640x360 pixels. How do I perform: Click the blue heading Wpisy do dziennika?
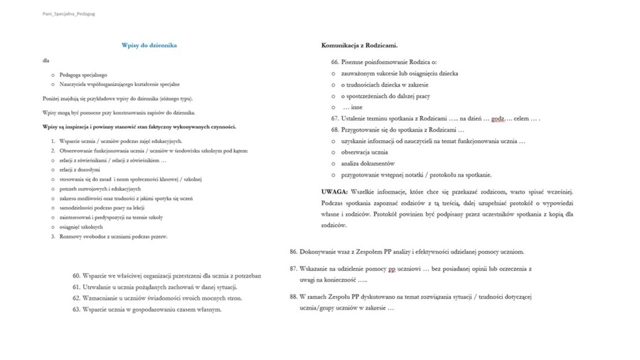click(x=149, y=46)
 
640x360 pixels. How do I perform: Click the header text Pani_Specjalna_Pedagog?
click(x=69, y=14)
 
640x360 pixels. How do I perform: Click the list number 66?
click(x=335, y=62)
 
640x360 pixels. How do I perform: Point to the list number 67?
click(x=335, y=118)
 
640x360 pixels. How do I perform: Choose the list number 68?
click(x=335, y=129)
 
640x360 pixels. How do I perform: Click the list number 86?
click(x=293, y=251)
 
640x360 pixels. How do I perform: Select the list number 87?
click(x=293, y=269)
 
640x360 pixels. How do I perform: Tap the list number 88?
click(x=293, y=297)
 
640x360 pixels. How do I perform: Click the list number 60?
click(x=76, y=275)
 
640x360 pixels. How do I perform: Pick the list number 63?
click(x=76, y=309)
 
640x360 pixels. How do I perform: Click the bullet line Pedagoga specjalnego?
click(x=83, y=75)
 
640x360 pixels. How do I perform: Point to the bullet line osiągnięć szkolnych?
click(x=81, y=227)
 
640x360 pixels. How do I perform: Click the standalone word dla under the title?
click(x=46, y=61)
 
